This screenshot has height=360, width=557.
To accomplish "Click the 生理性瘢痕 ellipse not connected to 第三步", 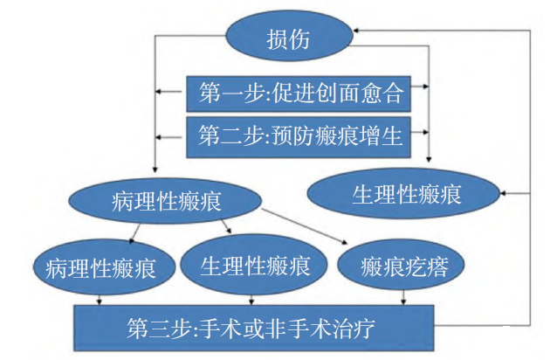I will [407, 193].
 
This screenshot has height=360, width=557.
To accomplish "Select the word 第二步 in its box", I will [224, 135].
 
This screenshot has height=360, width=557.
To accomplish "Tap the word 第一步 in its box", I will [225, 90].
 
